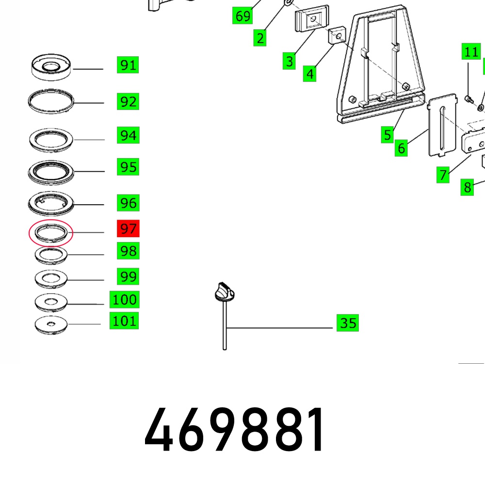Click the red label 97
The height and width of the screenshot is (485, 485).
[x=128, y=228]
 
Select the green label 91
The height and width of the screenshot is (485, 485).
[x=128, y=65]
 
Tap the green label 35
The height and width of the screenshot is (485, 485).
[x=348, y=323]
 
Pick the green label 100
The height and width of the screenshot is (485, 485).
[x=124, y=299]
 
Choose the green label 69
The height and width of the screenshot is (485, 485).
[x=242, y=16]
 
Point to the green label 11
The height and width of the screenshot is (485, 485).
[x=471, y=51]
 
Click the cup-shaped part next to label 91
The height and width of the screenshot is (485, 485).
[x=51, y=67]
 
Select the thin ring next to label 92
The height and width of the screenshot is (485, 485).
[x=51, y=101]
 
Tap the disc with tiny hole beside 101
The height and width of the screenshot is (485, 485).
[x=51, y=325]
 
